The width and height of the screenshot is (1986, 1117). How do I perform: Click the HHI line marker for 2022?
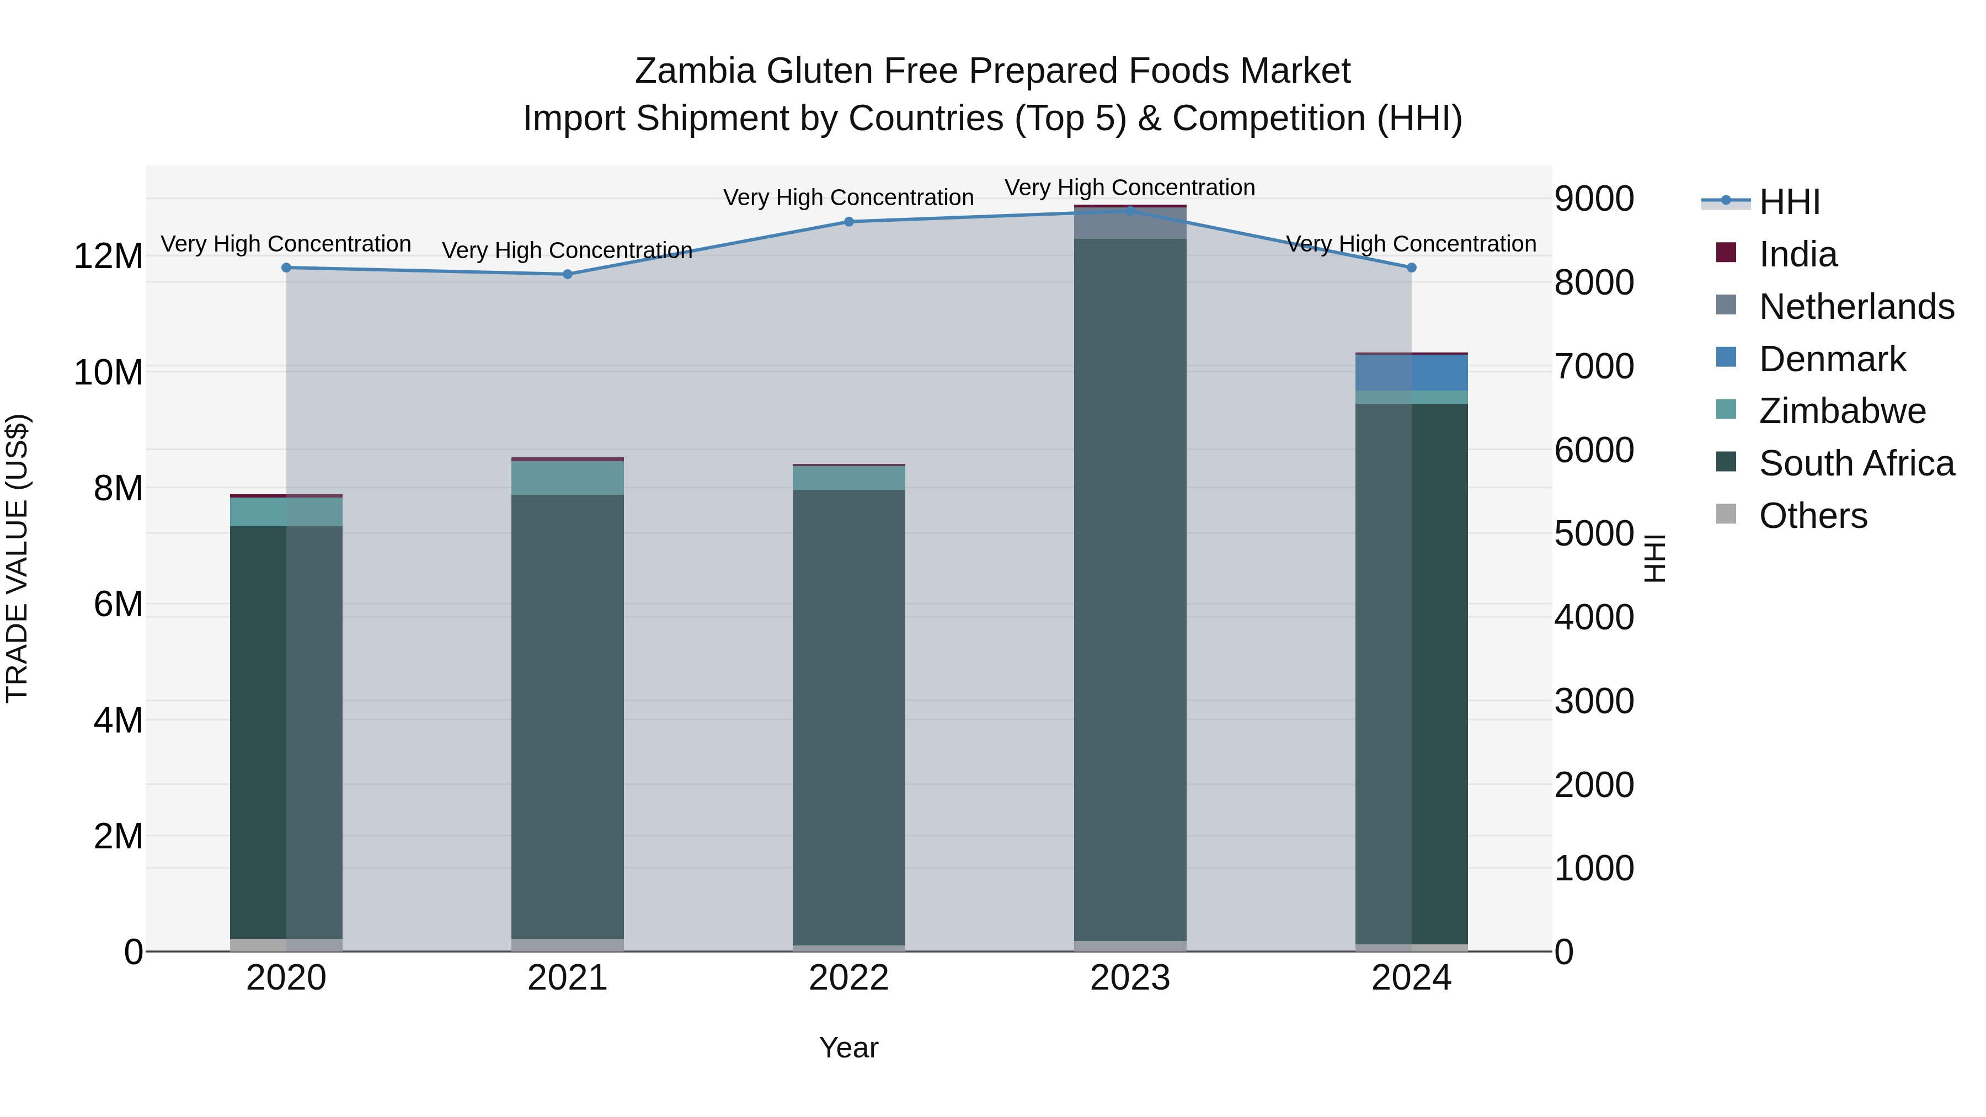(849, 221)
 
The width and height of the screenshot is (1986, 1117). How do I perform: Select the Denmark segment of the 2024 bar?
(1412, 372)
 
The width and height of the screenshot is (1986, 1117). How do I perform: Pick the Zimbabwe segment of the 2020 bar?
(286, 512)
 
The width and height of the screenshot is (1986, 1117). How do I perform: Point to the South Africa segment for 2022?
(849, 717)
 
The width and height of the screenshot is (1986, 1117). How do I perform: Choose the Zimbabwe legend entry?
(1842, 411)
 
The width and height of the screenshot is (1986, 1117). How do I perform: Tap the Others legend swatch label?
(1813, 516)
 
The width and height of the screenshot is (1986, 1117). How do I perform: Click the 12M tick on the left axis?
(108, 256)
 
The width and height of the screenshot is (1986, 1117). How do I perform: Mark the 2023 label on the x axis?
(1130, 978)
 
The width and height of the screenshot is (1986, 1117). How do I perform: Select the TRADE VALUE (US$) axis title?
(17, 558)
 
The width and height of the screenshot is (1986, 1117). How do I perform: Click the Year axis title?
(849, 1047)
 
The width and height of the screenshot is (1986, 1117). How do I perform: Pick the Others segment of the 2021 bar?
(568, 944)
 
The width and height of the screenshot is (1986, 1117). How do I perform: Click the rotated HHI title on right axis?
(1654, 558)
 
